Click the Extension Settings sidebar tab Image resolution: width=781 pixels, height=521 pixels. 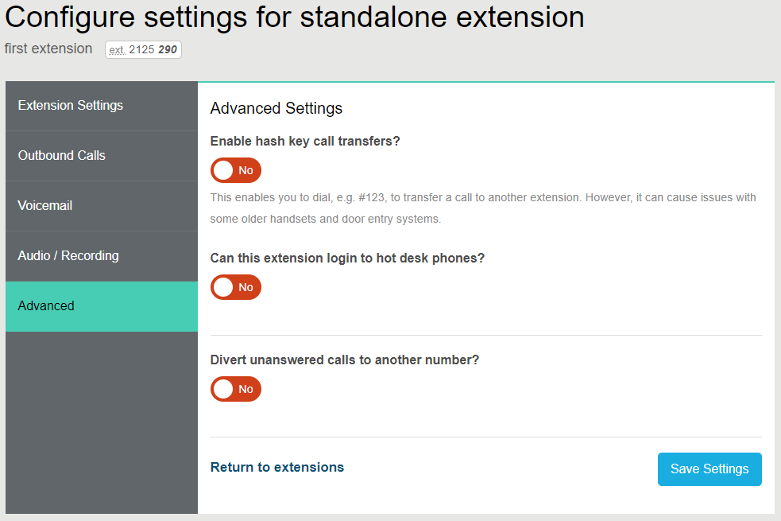(71, 106)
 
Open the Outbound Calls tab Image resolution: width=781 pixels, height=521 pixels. (62, 156)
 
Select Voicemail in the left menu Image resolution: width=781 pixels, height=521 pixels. (45, 206)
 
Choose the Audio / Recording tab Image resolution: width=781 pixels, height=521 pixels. (68, 256)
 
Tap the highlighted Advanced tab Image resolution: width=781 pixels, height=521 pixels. (46, 306)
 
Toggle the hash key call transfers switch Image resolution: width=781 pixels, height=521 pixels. (235, 170)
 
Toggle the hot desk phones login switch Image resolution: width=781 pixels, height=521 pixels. (235, 287)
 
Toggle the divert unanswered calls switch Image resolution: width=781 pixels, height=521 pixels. (235, 389)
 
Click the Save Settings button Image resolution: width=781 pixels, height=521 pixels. (709, 469)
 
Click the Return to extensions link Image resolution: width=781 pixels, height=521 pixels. (276, 468)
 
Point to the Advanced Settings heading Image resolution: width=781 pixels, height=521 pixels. (276, 108)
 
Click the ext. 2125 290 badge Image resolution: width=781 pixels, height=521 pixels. (143, 50)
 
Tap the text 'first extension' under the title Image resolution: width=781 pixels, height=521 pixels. (48, 49)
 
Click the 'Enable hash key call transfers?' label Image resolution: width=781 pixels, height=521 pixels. (305, 142)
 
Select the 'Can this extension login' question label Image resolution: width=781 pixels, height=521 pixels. (347, 259)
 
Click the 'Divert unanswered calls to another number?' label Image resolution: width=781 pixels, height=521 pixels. (345, 360)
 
